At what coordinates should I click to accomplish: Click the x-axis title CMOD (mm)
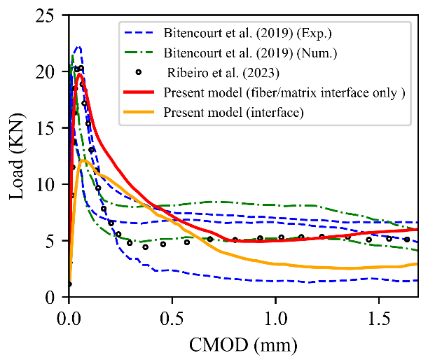(x=242, y=345)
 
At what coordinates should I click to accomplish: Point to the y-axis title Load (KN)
(x=18, y=156)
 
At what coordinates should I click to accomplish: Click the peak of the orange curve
(x=83, y=160)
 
